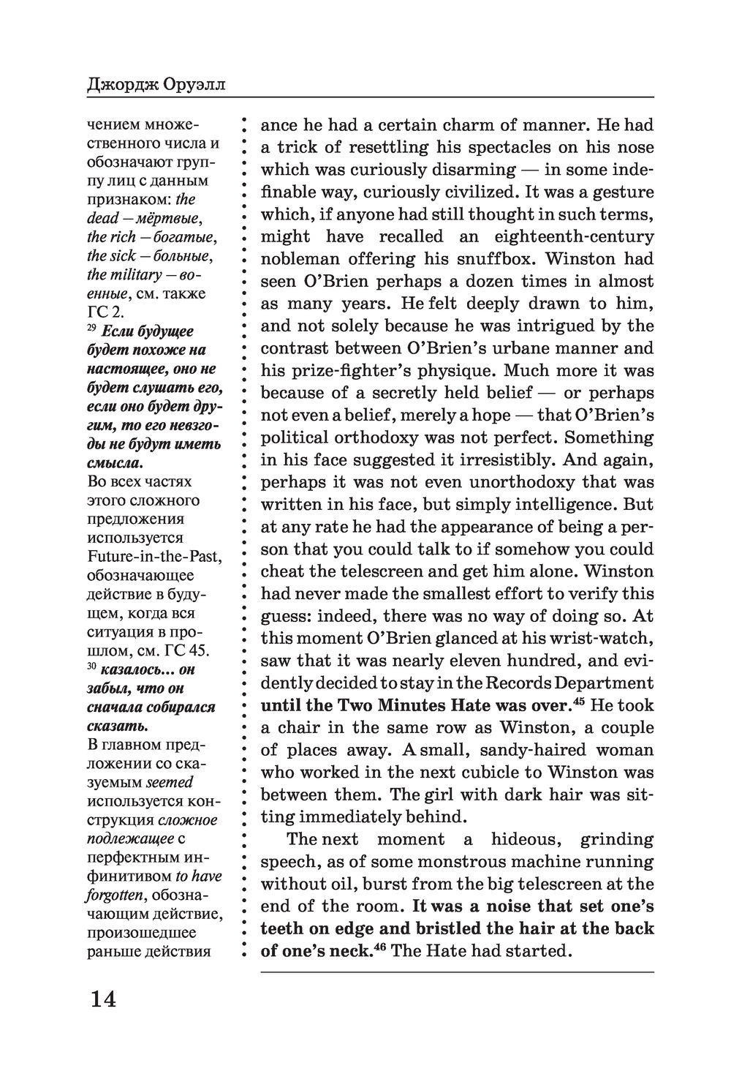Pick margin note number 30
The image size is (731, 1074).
coord(92,667)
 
